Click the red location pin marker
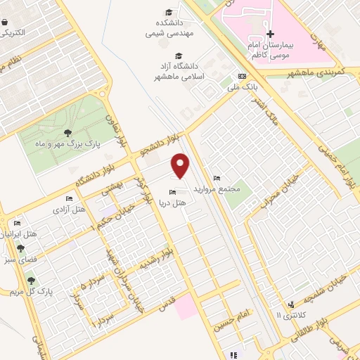pyautogui.click(x=181, y=165)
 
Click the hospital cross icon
pyautogui.click(x=270, y=34)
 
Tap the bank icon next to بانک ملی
pyautogui.click(x=243, y=76)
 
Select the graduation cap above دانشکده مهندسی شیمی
pyautogui.click(x=169, y=12)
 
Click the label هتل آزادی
pyautogui.click(x=69, y=210)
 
